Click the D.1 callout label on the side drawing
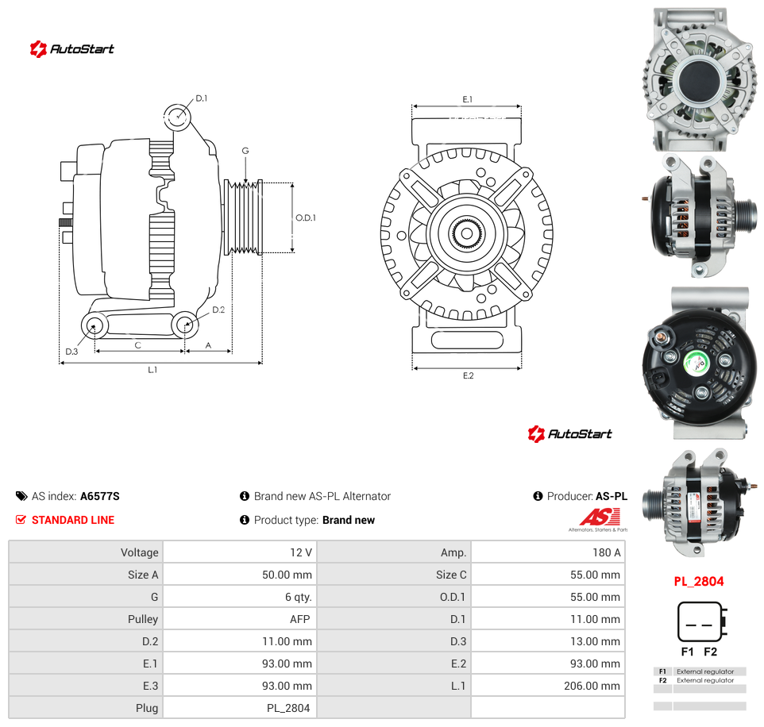[201, 98]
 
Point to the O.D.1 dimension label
[306, 217]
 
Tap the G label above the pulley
[245, 151]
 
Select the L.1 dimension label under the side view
[152, 370]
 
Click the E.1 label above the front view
[467, 99]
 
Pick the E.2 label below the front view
[469, 375]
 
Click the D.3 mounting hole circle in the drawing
[95, 325]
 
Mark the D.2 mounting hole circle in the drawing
[185, 325]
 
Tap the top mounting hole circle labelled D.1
[177, 117]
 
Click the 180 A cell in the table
[606, 552]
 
